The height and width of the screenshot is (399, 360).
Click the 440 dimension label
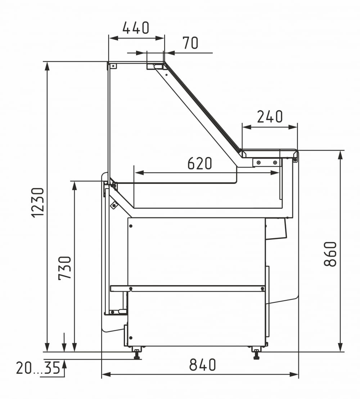[136, 28]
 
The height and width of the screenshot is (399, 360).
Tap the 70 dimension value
[190, 43]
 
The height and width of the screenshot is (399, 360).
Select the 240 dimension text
[270, 116]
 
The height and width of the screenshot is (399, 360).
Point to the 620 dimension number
[199, 163]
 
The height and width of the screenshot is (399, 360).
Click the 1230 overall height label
[38, 203]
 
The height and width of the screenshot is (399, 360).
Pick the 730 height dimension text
[65, 268]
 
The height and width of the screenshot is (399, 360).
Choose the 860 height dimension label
[330, 254]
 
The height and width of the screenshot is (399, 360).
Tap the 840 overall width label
[203, 364]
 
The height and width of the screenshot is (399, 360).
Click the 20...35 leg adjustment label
[38, 368]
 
